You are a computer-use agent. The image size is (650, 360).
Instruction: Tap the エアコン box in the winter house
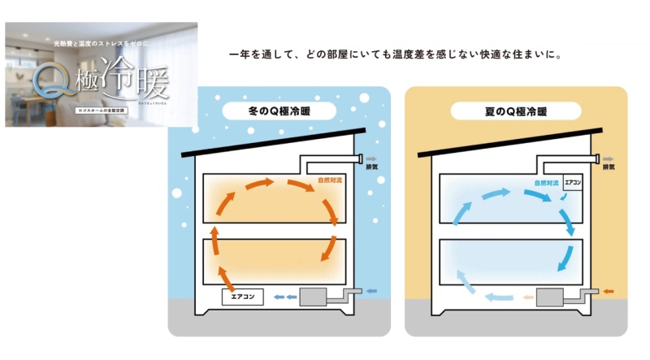coord(243,297)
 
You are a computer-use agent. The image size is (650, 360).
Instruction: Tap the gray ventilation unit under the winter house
coord(315,297)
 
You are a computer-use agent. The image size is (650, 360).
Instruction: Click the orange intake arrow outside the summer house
coord(609,290)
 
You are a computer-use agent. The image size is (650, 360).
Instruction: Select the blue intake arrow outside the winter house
coord(372,290)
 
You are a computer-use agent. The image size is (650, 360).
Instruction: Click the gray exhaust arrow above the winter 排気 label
coord(372,158)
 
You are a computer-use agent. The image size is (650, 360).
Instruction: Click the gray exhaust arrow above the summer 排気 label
coord(609,158)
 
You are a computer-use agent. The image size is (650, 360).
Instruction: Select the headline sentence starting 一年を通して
coord(396,56)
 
